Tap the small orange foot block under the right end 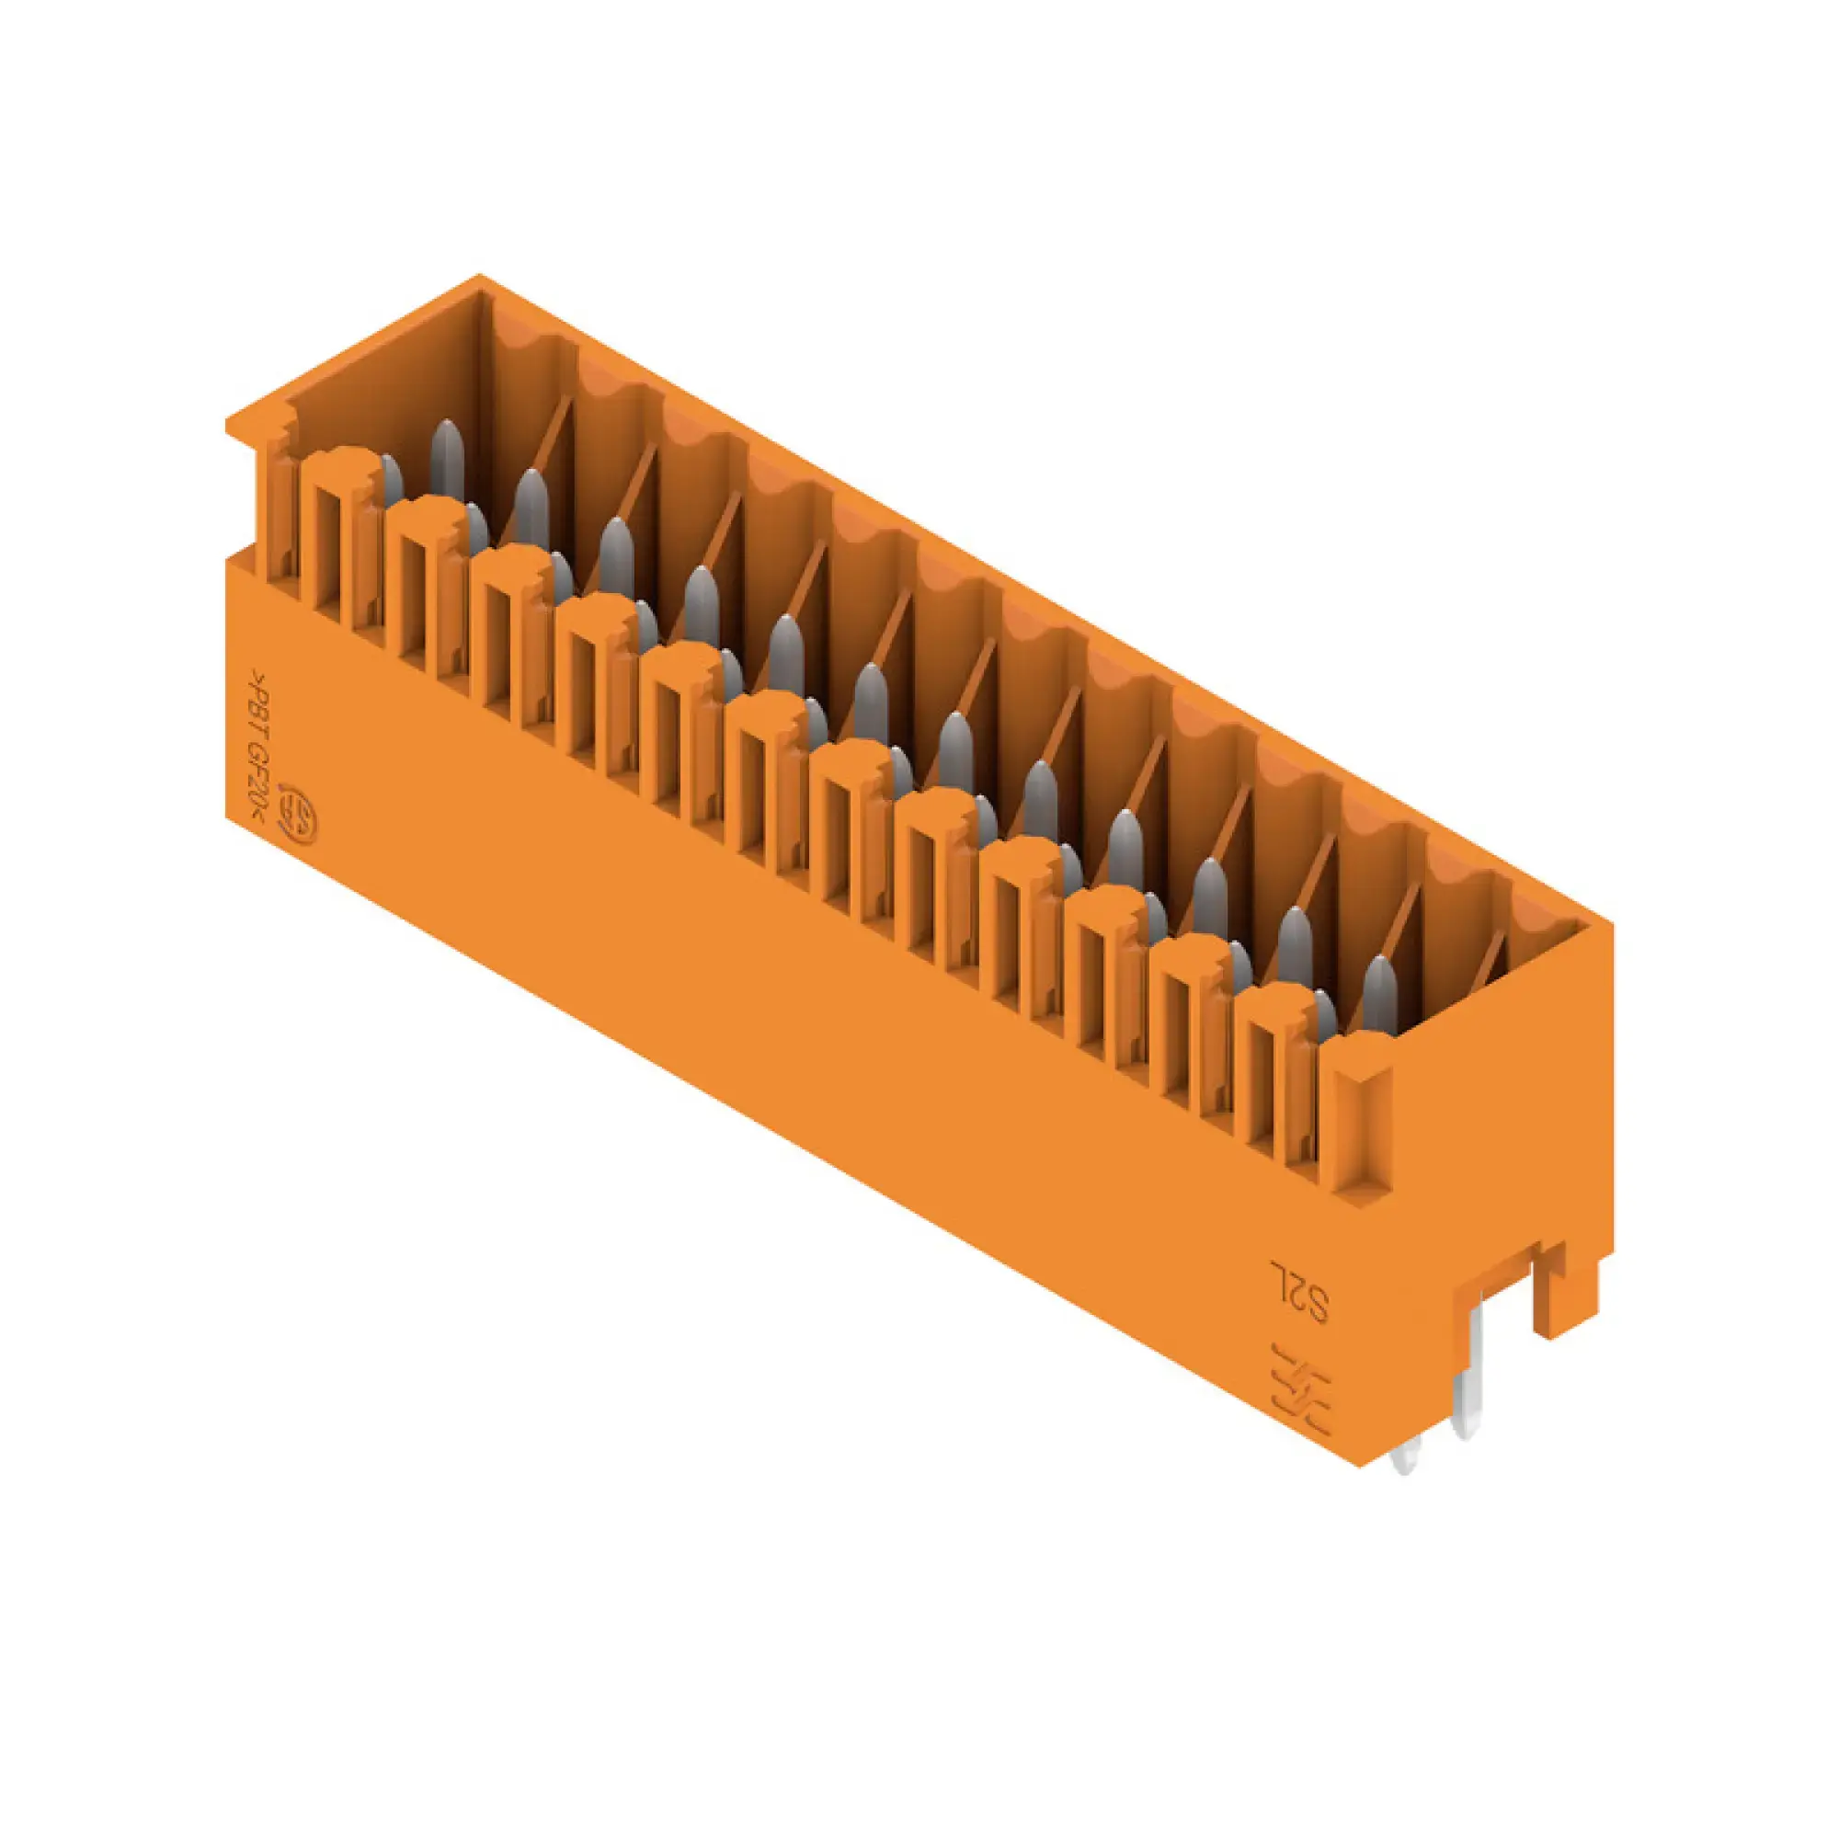coord(1563,1286)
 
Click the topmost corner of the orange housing coord(480,277)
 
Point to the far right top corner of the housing coord(1612,920)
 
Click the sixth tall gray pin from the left coord(870,702)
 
